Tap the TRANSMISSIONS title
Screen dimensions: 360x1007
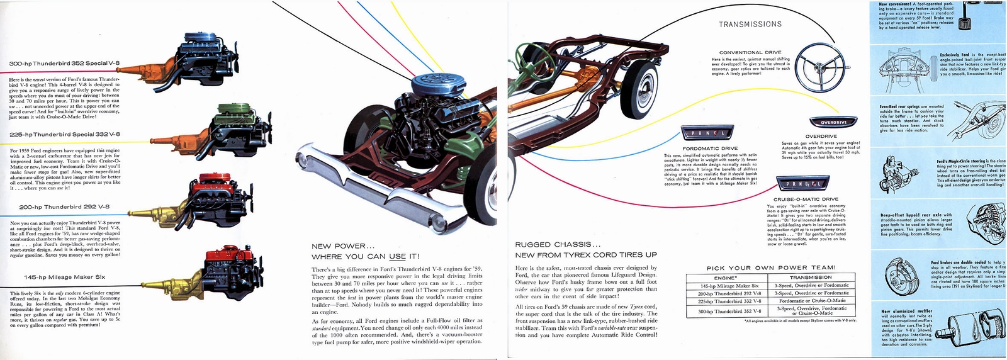pyautogui.click(x=750, y=25)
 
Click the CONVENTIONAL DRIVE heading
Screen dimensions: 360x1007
pyautogui.click(x=750, y=52)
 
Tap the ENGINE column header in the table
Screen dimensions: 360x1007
pyautogui.click(x=726, y=277)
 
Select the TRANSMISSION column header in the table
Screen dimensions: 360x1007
pyautogui.click(x=811, y=277)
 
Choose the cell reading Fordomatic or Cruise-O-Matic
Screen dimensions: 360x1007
pyautogui.click(x=811, y=301)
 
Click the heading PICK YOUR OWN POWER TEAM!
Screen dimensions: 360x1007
pyautogui.click(x=771, y=267)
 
